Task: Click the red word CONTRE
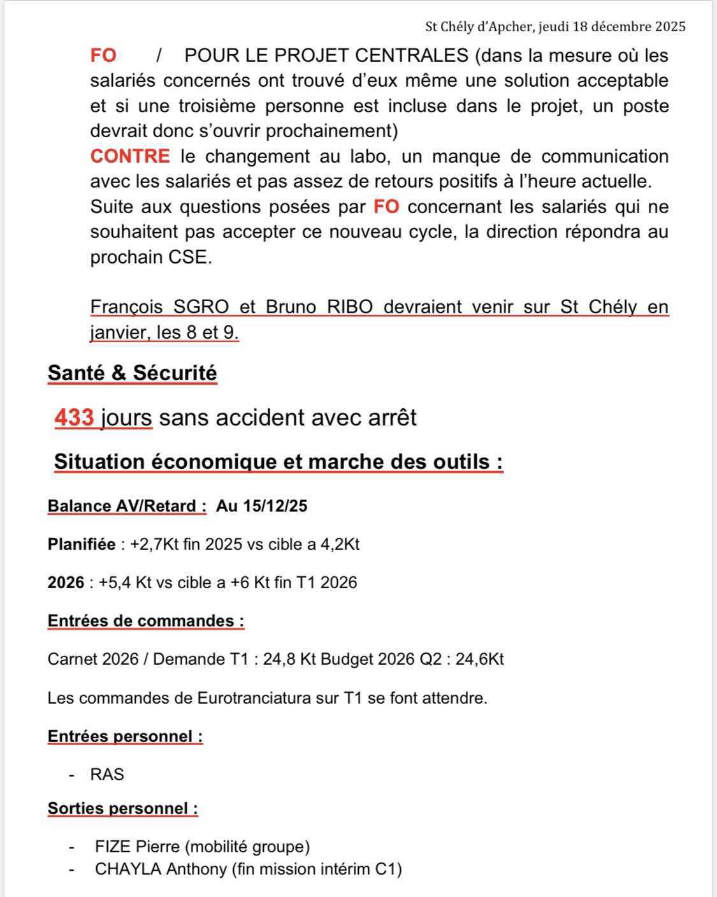pos(130,156)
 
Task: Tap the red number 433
pos(75,418)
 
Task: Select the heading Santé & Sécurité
pos(132,373)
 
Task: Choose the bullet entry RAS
pos(107,775)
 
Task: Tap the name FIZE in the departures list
pos(113,847)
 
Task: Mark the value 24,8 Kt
pos(289,659)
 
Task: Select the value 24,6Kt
pos(479,659)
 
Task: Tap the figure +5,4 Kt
pos(125,582)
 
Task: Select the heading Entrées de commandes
pos(145,621)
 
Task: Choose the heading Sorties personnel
pos(122,808)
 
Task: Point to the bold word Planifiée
pos(82,544)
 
